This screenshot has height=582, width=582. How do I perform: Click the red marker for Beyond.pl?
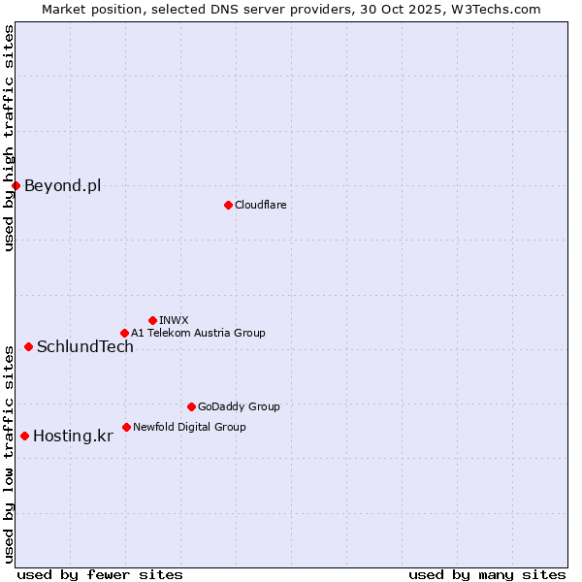[16, 185]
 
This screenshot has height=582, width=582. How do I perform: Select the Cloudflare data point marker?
[228, 205]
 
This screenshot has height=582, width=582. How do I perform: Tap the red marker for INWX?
[152, 320]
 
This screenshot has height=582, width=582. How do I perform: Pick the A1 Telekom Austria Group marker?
[124, 333]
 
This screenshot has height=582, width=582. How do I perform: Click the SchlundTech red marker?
[28, 346]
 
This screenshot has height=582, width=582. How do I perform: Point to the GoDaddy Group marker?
[191, 406]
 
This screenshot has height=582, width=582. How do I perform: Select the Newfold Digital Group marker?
[126, 427]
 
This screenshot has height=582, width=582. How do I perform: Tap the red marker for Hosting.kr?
[24, 436]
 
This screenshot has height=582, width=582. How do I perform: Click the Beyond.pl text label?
[62, 185]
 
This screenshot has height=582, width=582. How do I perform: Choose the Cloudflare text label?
[260, 205]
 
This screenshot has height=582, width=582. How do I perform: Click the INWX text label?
[174, 320]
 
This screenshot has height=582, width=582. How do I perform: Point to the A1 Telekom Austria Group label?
[198, 333]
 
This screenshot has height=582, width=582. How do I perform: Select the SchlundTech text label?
[85, 346]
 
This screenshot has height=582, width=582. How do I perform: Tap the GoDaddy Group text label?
[239, 406]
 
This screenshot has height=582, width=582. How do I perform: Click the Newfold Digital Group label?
[189, 427]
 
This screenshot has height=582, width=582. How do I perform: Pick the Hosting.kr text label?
[73, 436]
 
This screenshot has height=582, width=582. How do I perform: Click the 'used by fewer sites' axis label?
[100, 574]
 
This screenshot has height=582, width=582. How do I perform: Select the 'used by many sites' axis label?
[487, 574]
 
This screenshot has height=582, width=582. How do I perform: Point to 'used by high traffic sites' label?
[9, 138]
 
